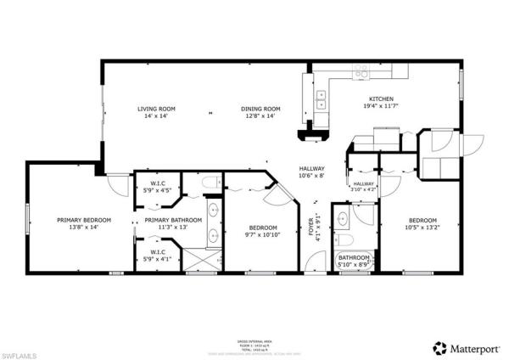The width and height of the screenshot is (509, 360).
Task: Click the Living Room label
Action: pyautogui.click(x=157, y=112)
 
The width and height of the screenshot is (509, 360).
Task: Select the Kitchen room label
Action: pyautogui.click(x=379, y=103)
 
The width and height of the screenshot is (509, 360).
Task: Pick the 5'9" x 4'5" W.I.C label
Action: pyautogui.click(x=157, y=187)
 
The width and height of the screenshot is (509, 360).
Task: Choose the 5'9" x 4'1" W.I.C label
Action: pyautogui.click(x=157, y=255)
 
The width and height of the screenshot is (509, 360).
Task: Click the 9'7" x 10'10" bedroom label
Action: pyautogui.click(x=262, y=230)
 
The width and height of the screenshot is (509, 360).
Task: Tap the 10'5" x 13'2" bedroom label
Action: pyautogui.click(x=422, y=224)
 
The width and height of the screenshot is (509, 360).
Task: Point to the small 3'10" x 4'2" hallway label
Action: pyautogui.click(x=363, y=187)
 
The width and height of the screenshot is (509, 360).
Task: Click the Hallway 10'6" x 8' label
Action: pyautogui.click(x=311, y=172)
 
